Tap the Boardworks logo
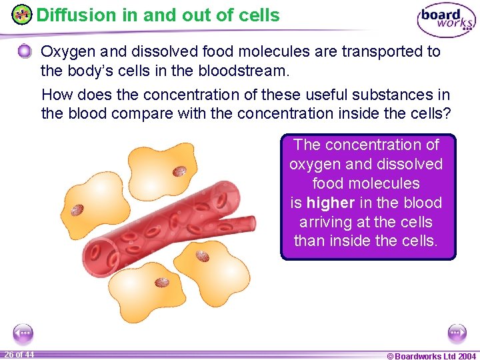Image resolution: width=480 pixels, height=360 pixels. tap(446, 20)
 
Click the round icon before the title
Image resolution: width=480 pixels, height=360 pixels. tap(22, 15)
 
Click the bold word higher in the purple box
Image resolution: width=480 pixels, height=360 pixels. tap(330, 203)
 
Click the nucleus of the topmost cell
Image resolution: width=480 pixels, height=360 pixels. tap(179, 171)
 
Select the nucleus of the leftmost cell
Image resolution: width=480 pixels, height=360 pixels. tap(77, 211)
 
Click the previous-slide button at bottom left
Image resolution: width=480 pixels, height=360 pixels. tap(23, 332)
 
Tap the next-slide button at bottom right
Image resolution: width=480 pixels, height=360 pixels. tap(457, 332)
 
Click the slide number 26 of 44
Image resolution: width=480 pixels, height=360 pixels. tap(19, 354)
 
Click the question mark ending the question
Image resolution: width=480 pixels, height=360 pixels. tap(447, 113)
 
